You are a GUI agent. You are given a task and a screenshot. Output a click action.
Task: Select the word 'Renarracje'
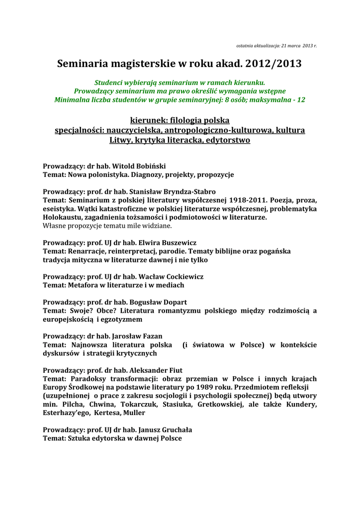tap(87, 251)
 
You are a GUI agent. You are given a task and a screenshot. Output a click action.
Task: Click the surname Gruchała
tap(180, 429)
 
